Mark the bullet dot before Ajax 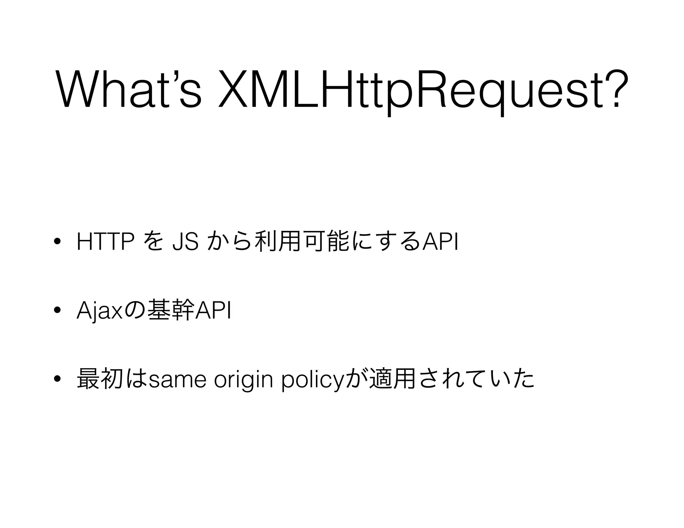[57, 311]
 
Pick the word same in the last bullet [177, 380]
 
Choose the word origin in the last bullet [243, 380]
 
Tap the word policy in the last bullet [312, 380]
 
